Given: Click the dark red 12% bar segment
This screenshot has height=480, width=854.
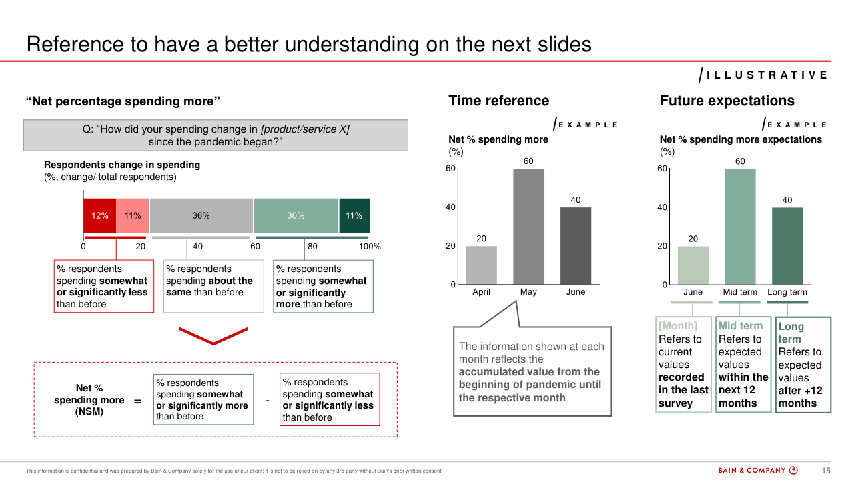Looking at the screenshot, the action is pyautogui.click(x=100, y=215).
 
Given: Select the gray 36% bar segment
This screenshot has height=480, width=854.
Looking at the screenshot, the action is pyautogui.click(x=201, y=215).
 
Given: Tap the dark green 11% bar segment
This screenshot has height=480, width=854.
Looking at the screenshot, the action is pyautogui.click(x=354, y=215).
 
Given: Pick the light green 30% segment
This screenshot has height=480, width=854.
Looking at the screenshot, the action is pyautogui.click(x=296, y=215).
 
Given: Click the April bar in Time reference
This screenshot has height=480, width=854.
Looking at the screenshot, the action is pyautogui.click(x=482, y=265).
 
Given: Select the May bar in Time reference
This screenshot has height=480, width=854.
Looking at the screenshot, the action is pyautogui.click(x=528, y=226).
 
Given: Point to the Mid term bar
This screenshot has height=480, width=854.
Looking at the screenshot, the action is pyautogui.click(x=740, y=226).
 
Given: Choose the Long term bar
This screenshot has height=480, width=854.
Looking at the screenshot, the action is pyautogui.click(x=787, y=246).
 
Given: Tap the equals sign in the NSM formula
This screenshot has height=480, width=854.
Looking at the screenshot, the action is pyautogui.click(x=138, y=401).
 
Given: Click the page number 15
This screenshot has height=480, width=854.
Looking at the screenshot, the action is pyautogui.click(x=826, y=471).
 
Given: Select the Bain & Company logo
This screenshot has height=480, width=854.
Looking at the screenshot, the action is pyautogui.click(x=757, y=471).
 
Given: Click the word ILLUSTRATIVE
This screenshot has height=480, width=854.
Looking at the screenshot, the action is pyautogui.click(x=767, y=75).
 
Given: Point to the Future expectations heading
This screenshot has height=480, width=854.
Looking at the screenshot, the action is pyautogui.click(x=727, y=101).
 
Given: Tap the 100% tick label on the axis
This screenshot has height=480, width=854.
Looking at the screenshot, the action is pyautogui.click(x=370, y=247).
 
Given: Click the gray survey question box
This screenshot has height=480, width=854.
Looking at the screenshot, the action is pyautogui.click(x=216, y=135).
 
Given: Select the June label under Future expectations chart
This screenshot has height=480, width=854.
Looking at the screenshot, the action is pyautogui.click(x=693, y=292).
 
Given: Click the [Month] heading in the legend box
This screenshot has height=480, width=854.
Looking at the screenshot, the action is pyautogui.click(x=678, y=326).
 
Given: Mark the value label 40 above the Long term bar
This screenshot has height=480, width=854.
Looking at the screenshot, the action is pyautogui.click(x=787, y=200).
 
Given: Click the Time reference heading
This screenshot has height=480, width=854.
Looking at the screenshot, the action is pyautogui.click(x=498, y=101).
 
